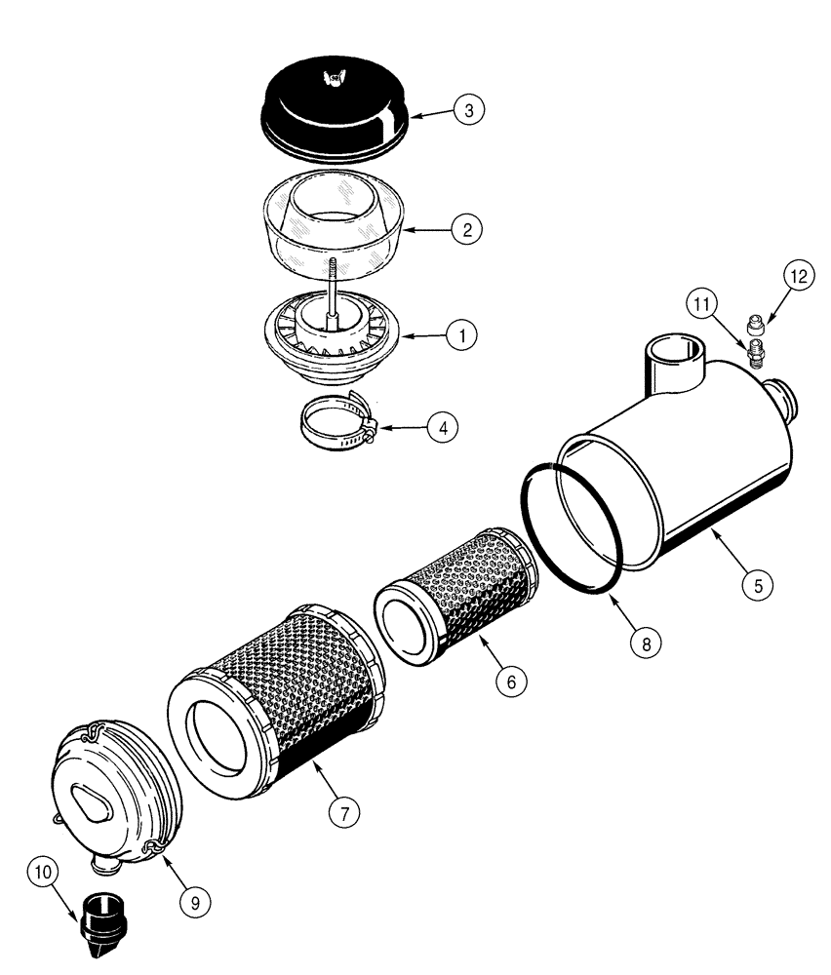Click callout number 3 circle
469,110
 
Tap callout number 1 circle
461,334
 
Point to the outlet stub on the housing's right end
785,394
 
